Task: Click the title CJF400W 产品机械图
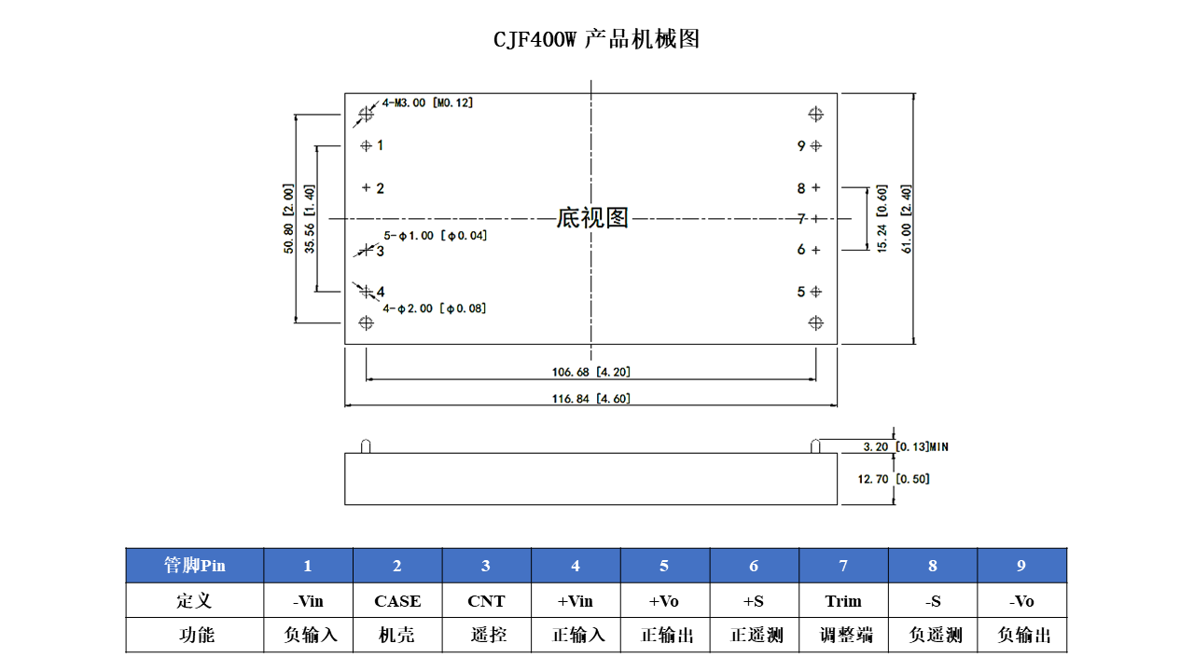tap(596, 39)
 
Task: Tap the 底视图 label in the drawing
tap(592, 218)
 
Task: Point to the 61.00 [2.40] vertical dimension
tap(906, 219)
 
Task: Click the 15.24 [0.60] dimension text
tap(882, 219)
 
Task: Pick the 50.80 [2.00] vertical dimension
tap(289, 219)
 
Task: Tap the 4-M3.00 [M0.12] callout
tap(427, 103)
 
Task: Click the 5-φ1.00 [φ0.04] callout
tap(436, 236)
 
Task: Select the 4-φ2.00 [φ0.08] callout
tap(434, 308)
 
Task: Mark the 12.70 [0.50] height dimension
tap(893, 479)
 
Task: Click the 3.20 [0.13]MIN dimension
tap(905, 447)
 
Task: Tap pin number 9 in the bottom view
tap(801, 145)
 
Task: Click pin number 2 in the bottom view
tap(380, 188)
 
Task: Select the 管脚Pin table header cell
tap(195, 566)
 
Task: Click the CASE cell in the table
tap(397, 601)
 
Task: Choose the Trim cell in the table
tap(843, 601)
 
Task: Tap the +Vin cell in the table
tap(576, 601)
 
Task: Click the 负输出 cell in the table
tap(1023, 636)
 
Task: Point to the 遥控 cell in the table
tap(487, 636)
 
